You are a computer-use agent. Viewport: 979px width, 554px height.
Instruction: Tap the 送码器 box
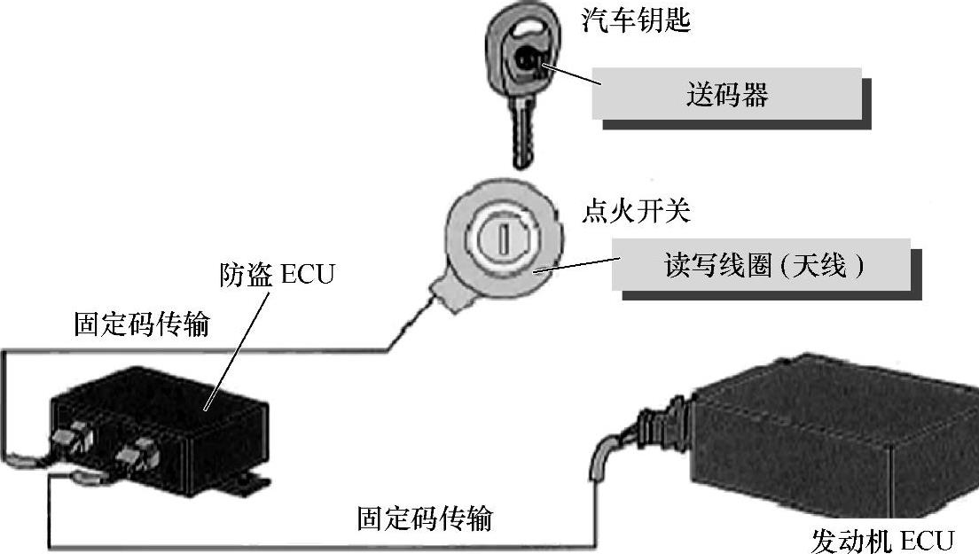(726, 93)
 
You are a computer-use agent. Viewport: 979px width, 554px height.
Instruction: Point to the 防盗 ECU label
(277, 274)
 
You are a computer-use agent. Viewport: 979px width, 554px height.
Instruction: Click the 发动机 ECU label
(882, 539)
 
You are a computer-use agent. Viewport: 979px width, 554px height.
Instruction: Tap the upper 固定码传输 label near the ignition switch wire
(142, 324)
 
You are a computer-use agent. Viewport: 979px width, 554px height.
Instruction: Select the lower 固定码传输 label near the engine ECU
(425, 518)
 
